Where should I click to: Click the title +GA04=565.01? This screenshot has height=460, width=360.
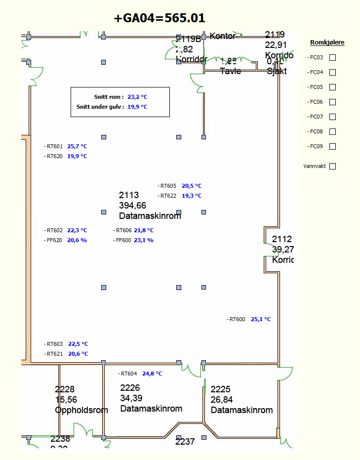pyautogui.click(x=160, y=18)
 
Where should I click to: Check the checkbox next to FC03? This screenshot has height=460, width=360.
pyautogui.click(x=332, y=57)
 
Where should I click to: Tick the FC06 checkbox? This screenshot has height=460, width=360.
pyautogui.click(x=332, y=102)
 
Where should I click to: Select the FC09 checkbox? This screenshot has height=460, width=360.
pyautogui.click(x=332, y=146)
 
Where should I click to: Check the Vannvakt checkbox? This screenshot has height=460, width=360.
pyautogui.click(x=332, y=166)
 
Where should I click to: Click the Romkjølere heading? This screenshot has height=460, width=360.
pyautogui.click(x=327, y=42)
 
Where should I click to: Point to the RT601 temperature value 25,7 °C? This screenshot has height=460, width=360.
pyautogui.click(x=77, y=146)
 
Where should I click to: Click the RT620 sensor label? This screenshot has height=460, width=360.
pyautogui.click(x=54, y=156)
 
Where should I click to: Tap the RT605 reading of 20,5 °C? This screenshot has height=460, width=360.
pyautogui.click(x=192, y=186)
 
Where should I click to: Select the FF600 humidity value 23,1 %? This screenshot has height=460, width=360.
pyautogui.click(x=144, y=240)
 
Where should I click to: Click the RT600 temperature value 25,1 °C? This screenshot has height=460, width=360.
pyautogui.click(x=261, y=319)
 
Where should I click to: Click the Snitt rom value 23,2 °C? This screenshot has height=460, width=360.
pyautogui.click(x=137, y=97)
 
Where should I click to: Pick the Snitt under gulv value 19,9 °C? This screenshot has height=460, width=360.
pyautogui.click(x=137, y=107)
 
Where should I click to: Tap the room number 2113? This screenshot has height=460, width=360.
pyautogui.click(x=129, y=195)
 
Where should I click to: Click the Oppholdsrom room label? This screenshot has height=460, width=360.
pyautogui.click(x=81, y=410)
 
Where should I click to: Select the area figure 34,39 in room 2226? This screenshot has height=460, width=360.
pyautogui.click(x=131, y=398)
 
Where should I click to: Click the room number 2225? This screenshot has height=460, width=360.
pyautogui.click(x=220, y=389)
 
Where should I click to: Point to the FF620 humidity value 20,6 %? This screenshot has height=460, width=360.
pyautogui.click(x=77, y=240)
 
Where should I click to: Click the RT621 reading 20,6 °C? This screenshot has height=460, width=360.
pyautogui.click(x=78, y=354)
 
